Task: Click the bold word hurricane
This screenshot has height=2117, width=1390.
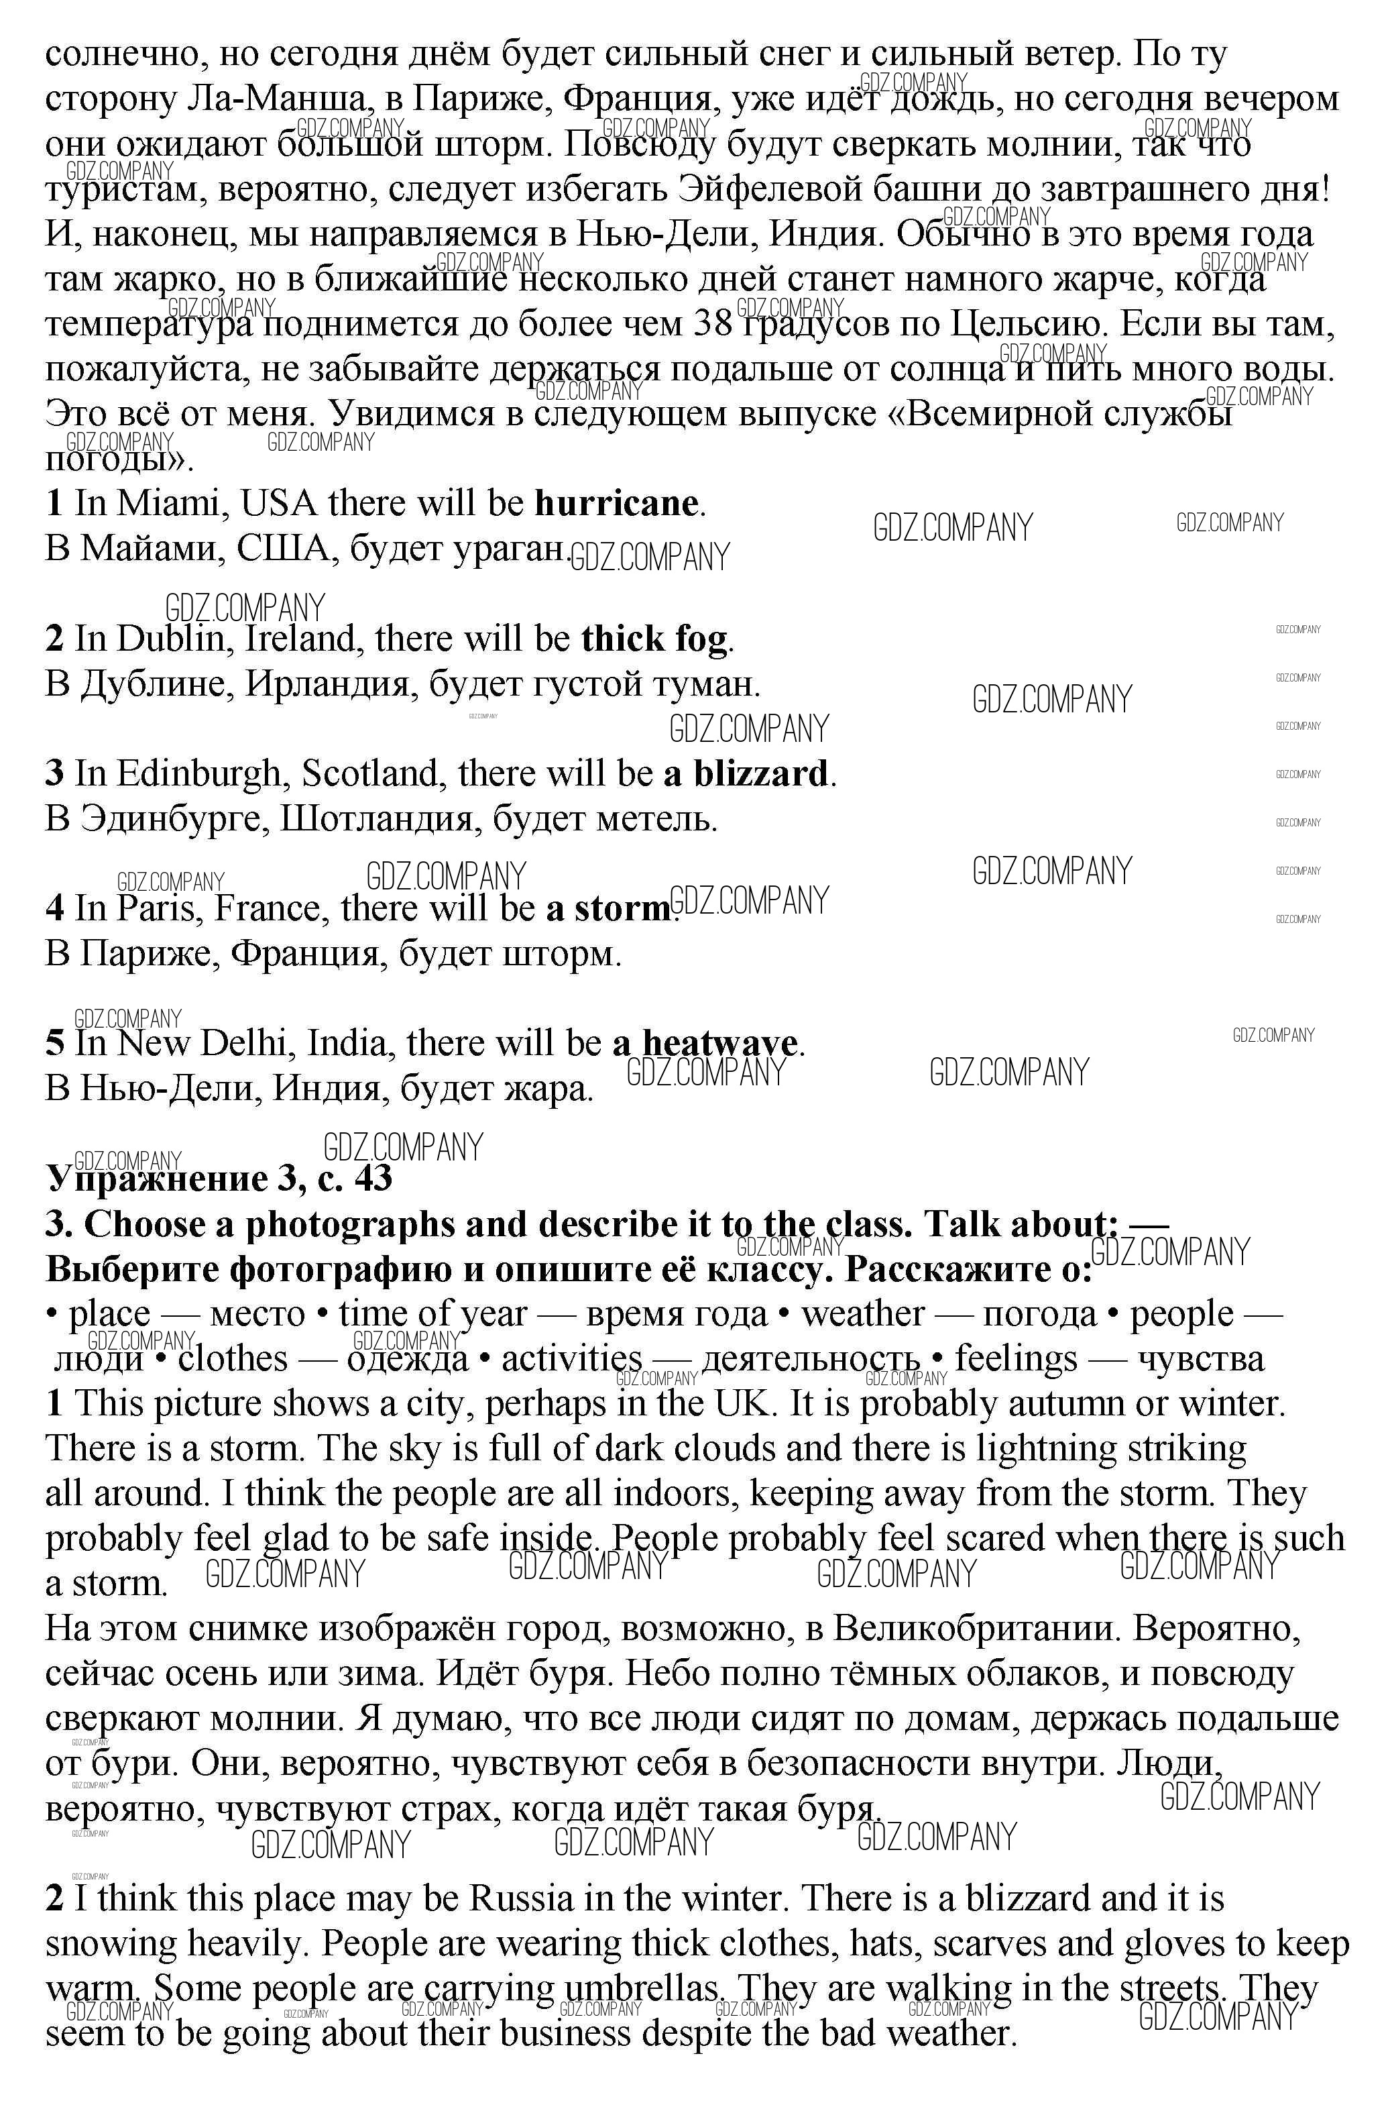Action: pyautogui.click(x=616, y=504)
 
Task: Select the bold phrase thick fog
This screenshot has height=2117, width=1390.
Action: pyautogui.click(x=654, y=639)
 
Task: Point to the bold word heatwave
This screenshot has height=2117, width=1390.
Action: pyautogui.click(x=719, y=1043)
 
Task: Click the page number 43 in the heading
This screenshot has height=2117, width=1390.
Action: pyautogui.click(x=373, y=1179)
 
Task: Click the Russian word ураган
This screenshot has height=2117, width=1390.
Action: pyautogui.click(x=510, y=549)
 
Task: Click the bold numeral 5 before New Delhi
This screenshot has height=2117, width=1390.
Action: pyautogui.click(x=55, y=1043)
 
